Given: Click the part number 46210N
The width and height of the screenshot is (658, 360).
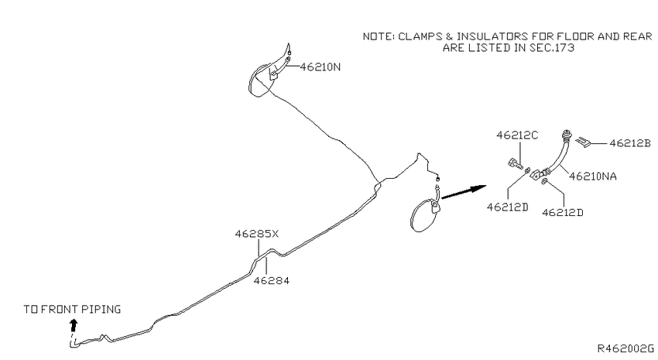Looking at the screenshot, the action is (320, 67).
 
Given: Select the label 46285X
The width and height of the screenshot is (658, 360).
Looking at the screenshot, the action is (256, 234).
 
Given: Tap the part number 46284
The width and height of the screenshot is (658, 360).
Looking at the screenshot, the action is (272, 280).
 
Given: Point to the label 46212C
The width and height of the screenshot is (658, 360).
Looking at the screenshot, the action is (517, 135).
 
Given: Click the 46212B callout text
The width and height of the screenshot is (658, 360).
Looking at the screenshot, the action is (630, 143).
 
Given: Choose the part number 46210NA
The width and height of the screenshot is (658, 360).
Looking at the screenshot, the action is (592, 177).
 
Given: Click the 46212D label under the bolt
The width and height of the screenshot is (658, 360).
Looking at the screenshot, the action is (507, 207).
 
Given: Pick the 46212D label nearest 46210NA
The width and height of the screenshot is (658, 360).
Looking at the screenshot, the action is (562, 213).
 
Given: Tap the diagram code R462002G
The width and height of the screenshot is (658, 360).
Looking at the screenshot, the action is (625, 348).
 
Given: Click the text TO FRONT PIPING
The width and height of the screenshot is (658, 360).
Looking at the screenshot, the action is (72, 309).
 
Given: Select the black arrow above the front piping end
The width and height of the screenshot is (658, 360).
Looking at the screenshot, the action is (74, 325).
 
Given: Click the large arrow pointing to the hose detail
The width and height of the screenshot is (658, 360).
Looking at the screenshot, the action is (464, 191).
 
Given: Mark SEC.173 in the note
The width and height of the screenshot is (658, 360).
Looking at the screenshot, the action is (551, 48).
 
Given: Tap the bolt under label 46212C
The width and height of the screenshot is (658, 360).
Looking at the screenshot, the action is (515, 163).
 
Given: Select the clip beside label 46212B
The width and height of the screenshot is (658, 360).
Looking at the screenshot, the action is (583, 142).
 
